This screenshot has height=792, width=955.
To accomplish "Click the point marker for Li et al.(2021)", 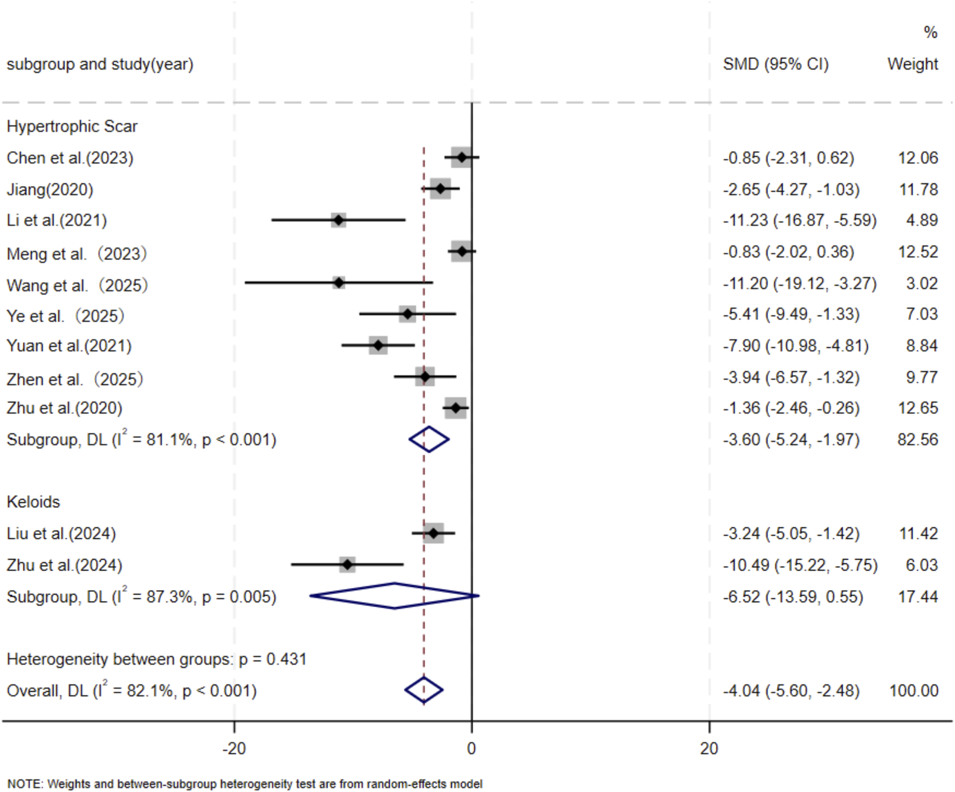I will (338, 220).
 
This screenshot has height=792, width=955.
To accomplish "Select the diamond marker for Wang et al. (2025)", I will (338, 283).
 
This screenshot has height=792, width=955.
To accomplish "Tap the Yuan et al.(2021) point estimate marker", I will (378, 345).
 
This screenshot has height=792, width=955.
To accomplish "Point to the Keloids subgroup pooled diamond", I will (395, 596).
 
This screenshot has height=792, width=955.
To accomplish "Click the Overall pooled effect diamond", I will (424, 690).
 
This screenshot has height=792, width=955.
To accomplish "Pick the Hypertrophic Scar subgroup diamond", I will (429, 440).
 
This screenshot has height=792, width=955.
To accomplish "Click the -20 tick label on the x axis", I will (234, 748).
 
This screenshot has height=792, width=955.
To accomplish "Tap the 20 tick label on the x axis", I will (709, 748).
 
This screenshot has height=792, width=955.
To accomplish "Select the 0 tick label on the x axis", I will (472, 748).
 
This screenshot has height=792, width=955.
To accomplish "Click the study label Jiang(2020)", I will (50, 190).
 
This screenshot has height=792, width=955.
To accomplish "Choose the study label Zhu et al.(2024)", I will (64, 565).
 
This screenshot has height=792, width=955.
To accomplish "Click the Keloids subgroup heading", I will (33, 502).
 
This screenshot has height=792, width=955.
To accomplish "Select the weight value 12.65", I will (917, 408).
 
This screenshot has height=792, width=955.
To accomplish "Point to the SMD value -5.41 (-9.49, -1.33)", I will (791, 314).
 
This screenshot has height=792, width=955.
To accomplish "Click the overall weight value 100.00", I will (914, 691).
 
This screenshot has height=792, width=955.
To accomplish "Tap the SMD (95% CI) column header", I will (776, 64).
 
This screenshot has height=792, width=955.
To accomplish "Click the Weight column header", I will (912, 64).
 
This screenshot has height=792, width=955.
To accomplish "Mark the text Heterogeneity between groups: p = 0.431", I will (156, 659).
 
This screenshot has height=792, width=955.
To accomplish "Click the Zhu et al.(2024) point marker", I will (348, 565).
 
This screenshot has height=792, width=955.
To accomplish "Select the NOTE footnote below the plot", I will (245, 784).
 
